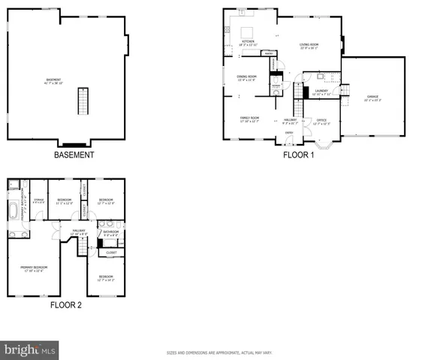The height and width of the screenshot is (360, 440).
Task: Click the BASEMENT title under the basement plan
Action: pyautogui.click(x=74, y=155)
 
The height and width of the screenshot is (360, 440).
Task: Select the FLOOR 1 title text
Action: pyautogui.click(x=298, y=155)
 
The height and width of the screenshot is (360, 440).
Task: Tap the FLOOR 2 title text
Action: pyautogui.click(x=66, y=305)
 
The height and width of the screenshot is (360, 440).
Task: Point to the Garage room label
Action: pyautogui.click(x=372, y=97)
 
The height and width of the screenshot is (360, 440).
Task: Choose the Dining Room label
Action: pyautogui.click(x=247, y=77)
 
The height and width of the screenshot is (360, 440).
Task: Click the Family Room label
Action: pyautogui.click(x=249, y=119)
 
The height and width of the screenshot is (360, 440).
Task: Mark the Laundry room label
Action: pyautogui.click(x=322, y=91)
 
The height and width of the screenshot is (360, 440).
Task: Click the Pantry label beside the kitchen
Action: pyautogui.click(x=268, y=53)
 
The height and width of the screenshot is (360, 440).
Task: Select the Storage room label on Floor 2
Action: pyautogui.click(x=39, y=200)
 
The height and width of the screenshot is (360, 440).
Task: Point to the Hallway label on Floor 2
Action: pyautogui.click(x=78, y=232)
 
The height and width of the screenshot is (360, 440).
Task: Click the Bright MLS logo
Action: pyautogui.click(x=30, y=349)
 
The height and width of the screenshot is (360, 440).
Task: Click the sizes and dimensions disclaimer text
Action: pyautogui.click(x=219, y=352)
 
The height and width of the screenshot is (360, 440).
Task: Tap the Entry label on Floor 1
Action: pyautogui.click(x=288, y=133)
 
